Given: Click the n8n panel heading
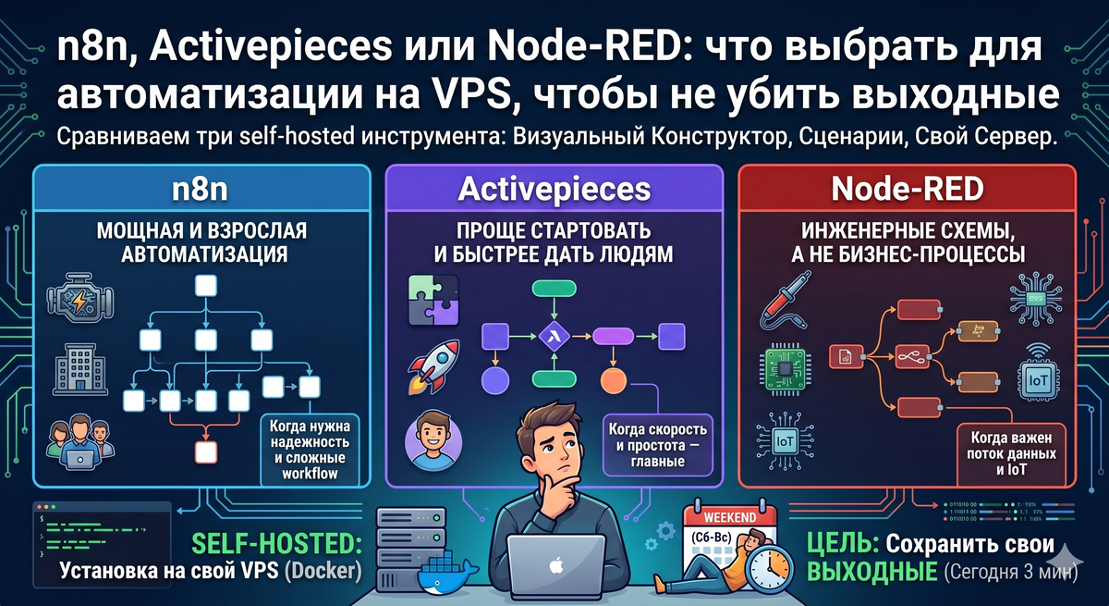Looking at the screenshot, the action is pyautogui.click(x=201, y=190).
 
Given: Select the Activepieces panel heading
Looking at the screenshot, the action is pyautogui.click(x=554, y=190).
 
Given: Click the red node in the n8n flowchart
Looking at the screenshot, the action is pyautogui.click(x=205, y=452).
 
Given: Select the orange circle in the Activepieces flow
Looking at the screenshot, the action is pyautogui.click(x=613, y=379).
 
